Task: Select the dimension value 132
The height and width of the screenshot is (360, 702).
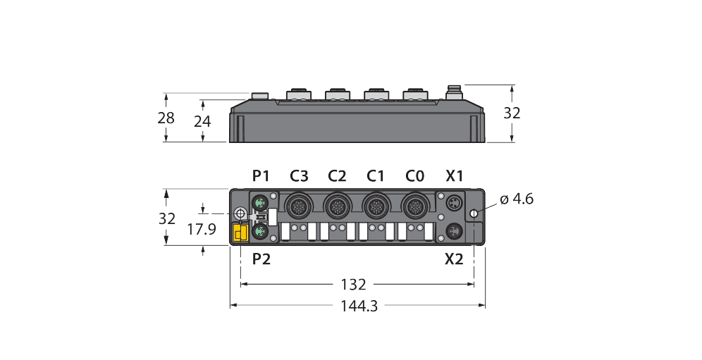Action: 353,285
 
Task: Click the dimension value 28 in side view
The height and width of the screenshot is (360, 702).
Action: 166,118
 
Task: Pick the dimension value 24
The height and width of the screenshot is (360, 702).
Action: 202,121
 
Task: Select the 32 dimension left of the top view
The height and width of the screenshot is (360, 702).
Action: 166,218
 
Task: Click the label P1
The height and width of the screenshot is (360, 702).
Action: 261,175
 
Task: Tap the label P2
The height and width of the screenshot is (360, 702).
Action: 261,259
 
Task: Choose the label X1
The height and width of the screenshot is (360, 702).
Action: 454,175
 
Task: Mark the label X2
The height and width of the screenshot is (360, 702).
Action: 454,259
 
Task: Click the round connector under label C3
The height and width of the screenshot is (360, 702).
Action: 296,206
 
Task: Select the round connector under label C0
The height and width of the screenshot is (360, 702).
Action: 413,206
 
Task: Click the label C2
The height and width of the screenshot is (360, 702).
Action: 337,175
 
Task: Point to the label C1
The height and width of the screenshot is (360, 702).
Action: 376,175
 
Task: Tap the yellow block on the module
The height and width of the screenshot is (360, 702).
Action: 240,233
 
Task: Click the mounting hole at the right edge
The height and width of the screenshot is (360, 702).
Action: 475,213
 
